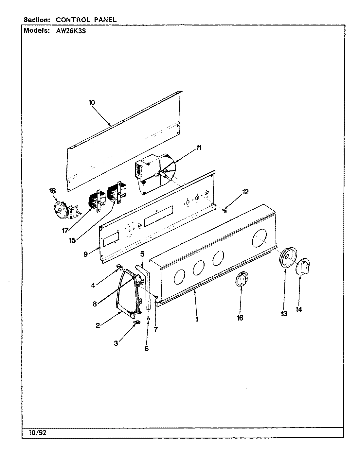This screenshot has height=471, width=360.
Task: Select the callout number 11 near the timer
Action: pos(199,148)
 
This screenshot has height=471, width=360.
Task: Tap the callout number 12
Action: pos(245,192)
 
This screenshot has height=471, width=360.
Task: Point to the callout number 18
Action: pos(53,191)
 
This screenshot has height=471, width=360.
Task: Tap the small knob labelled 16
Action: pos(241,280)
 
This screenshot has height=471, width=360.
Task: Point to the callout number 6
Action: pos(147,349)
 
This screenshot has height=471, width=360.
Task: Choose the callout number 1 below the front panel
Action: pos(197,319)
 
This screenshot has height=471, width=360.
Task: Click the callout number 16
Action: pos(240,318)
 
